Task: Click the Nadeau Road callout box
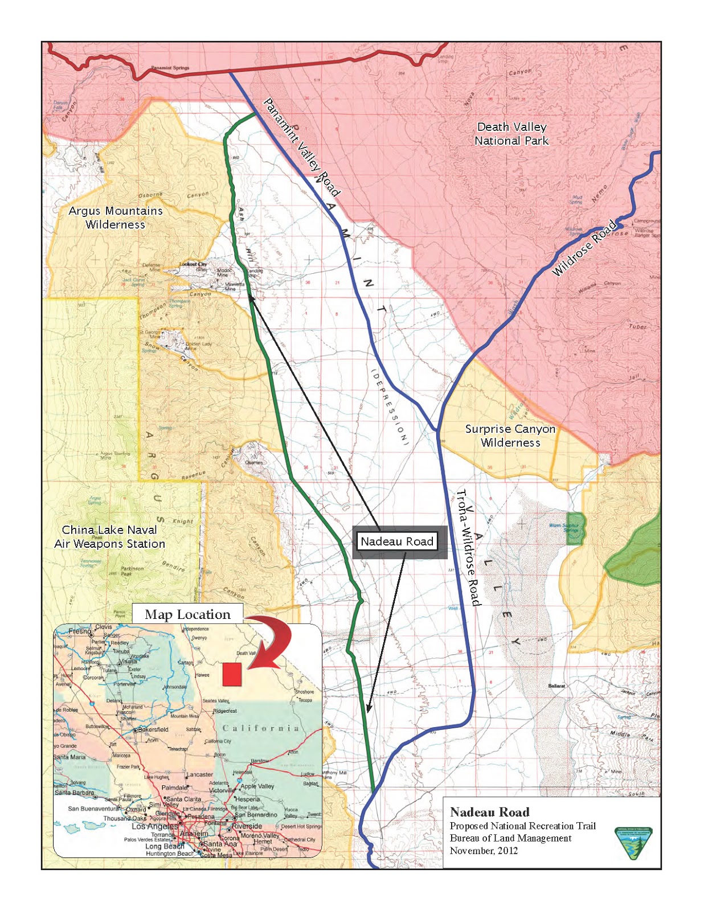pos(397,541)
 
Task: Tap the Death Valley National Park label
pos(511,134)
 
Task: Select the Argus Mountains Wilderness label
pos(116,218)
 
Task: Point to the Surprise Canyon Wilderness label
pos(510,436)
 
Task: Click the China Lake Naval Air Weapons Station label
pos(109,537)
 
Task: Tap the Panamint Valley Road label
pos(301,147)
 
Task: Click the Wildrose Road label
pos(585,248)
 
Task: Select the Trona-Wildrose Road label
pos(469,547)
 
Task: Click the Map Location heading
pos(188,614)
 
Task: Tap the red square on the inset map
pos(232,674)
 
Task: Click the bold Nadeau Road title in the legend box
pos(489,812)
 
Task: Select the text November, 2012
pos(484,851)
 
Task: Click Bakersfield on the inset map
pos(153,729)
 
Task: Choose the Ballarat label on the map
pos(556,686)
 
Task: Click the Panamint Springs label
pos(170,68)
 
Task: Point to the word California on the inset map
pos(260,728)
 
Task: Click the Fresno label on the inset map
pos(79,631)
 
